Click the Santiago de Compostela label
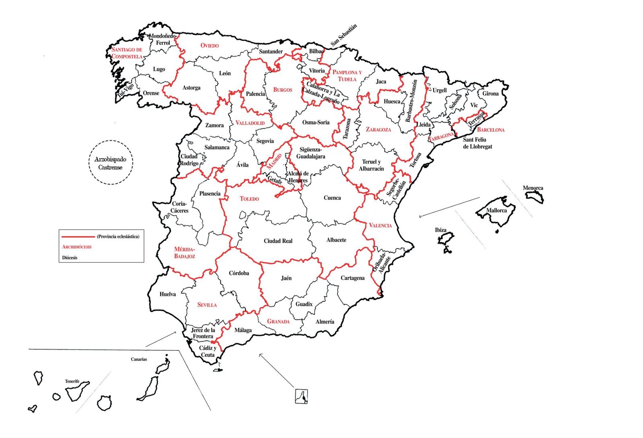pyautogui.click(x=127, y=53)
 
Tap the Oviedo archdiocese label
pyautogui.click(x=209, y=45)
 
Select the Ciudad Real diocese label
pyautogui.click(x=278, y=241)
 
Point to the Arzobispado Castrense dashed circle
pyautogui.click(x=111, y=163)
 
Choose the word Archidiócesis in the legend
pyautogui.click(x=77, y=247)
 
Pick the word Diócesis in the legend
pyautogui.click(x=70, y=258)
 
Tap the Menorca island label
pyautogui.click(x=533, y=188)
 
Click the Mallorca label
pyautogui.click(x=496, y=211)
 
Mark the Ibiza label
pyautogui.click(x=440, y=230)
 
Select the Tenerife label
pyautogui.click(x=72, y=381)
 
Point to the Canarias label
pyautogui.click(x=139, y=359)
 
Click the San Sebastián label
pyautogui.click(x=344, y=35)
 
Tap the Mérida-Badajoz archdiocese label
pyautogui.click(x=184, y=253)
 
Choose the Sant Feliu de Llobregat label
pyautogui.click(x=477, y=143)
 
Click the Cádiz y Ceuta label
pyautogui.click(x=208, y=352)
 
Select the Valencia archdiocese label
pyautogui.click(x=380, y=225)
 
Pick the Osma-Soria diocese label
pyautogui.click(x=316, y=123)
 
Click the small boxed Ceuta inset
pyautogui.click(x=301, y=396)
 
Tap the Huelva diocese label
pyautogui.click(x=168, y=294)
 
